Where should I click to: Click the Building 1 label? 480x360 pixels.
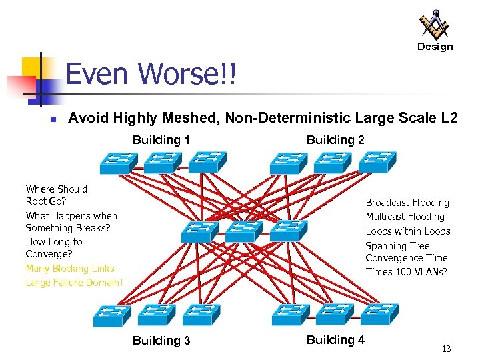[x=161, y=140]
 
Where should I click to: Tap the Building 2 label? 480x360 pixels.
[x=335, y=140]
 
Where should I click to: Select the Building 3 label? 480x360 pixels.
[x=161, y=341]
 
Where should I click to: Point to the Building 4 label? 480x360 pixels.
[x=335, y=340]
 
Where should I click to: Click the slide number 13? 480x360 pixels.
[x=446, y=349]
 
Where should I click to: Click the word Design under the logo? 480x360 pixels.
[x=435, y=47]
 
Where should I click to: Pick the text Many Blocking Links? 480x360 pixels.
[x=70, y=269]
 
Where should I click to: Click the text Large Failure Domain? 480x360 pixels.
[x=75, y=283]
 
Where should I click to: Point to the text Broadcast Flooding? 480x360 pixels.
[x=407, y=203]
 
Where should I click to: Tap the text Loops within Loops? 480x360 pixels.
[x=407, y=231]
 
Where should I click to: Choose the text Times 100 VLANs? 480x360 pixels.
[x=406, y=272]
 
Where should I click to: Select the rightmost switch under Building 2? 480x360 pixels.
[x=378, y=162]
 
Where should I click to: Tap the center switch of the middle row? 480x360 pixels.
[x=245, y=231]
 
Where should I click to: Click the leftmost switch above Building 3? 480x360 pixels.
[x=111, y=314]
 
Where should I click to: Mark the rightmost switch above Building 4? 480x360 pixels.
[x=378, y=313]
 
